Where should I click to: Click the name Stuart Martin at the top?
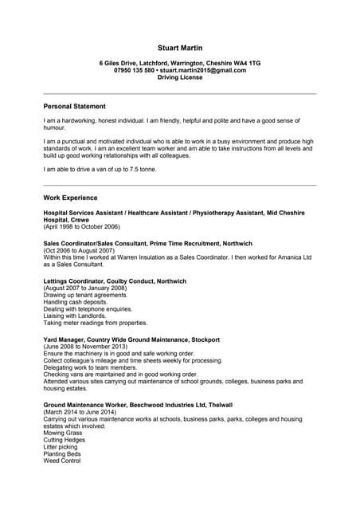coord(179,48)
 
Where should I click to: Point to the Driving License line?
coord(179,77)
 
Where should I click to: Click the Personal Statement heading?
coord(74,106)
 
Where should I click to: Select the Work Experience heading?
coord(71,198)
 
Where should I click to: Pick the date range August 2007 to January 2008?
coord(85,288)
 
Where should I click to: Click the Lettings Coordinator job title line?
coord(115,281)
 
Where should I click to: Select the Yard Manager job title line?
coord(131,339)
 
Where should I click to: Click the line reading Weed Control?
coord(62,461)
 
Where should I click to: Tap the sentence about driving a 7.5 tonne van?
coord(100,169)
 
